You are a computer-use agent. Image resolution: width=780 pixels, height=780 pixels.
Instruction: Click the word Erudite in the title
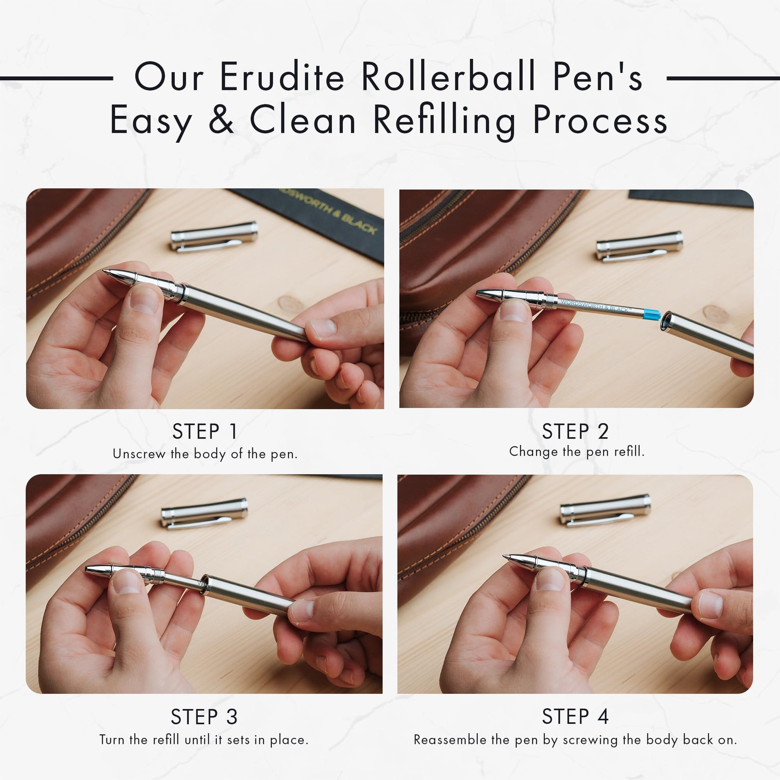tap(282, 77)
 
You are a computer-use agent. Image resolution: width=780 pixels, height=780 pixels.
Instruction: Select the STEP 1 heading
tap(205, 432)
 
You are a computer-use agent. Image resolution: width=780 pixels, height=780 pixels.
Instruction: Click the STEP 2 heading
tap(575, 432)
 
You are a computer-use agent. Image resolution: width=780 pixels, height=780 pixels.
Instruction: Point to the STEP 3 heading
tap(204, 717)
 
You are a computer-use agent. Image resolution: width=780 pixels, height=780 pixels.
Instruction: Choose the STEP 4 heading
tap(575, 717)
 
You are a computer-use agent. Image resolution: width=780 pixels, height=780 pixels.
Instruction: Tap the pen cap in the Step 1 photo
tap(214, 236)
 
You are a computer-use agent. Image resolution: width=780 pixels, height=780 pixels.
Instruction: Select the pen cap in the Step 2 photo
tap(639, 246)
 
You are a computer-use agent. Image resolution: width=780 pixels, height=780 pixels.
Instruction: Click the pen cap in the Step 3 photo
tap(204, 513)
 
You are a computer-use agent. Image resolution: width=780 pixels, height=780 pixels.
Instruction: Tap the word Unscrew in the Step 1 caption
tap(139, 454)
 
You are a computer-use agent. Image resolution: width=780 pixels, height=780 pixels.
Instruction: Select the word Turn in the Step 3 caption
tap(112, 740)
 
